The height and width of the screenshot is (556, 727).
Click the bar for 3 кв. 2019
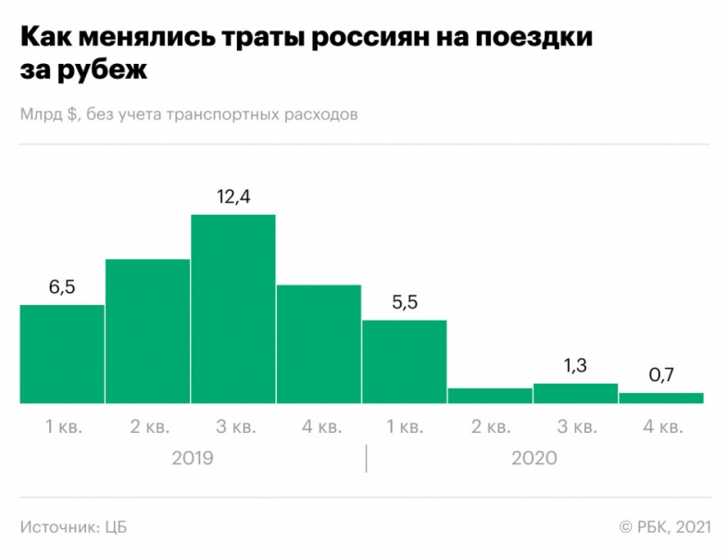point(233,310)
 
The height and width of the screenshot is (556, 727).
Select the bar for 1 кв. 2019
point(62,354)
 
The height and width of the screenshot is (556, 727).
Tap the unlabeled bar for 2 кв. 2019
point(148,332)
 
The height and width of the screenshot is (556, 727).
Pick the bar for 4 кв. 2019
point(319,344)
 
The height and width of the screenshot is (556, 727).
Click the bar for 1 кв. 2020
point(404,362)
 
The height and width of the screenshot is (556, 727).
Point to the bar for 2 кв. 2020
point(490,396)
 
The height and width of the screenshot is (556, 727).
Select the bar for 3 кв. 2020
point(575,394)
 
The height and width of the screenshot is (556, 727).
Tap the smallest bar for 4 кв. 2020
point(660,398)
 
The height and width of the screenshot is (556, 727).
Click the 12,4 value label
point(233,196)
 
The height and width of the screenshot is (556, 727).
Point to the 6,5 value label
point(62,287)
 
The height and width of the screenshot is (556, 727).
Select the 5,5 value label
point(404,303)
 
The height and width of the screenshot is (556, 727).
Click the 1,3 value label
point(575,366)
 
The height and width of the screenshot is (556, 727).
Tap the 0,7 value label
point(660,376)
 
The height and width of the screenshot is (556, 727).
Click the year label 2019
point(193,458)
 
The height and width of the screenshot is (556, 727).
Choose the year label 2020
point(534,458)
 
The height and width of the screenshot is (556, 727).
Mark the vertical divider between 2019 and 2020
point(366,458)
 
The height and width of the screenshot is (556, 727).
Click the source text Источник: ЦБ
point(73,527)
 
